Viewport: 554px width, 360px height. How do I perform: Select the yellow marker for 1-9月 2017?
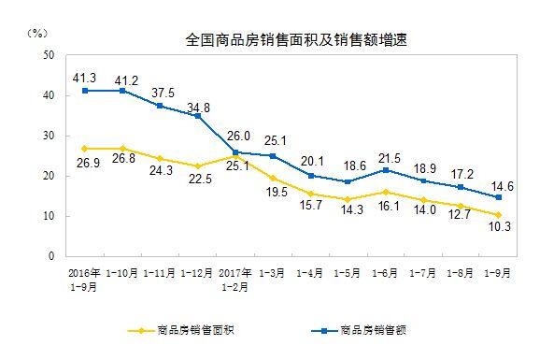coord(499,215)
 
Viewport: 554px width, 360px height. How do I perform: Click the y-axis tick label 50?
coord(48,56)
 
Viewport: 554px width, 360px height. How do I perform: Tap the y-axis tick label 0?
coord(52,256)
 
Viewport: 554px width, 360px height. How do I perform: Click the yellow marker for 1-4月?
coord(311,194)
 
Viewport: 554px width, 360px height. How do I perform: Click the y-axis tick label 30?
coord(48,137)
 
